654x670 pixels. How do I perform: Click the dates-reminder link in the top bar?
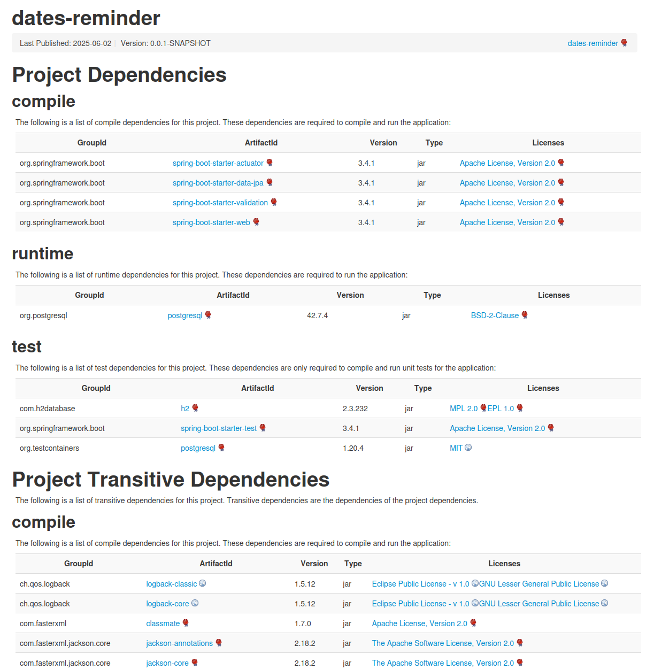[593, 43]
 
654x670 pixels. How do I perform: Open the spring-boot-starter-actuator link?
[218, 163]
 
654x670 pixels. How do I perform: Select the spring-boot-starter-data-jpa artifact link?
[218, 183]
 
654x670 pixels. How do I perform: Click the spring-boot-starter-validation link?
[220, 203]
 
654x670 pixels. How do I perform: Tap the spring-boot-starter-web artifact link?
[211, 222]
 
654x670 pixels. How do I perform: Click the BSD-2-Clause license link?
[495, 315]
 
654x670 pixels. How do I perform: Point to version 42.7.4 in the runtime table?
[317, 315]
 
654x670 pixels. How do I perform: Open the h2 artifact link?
[185, 409]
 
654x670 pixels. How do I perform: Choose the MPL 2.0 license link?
[464, 409]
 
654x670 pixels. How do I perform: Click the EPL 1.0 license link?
[501, 409]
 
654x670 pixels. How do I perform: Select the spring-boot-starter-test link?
[219, 428]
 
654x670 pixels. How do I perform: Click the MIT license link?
[456, 448]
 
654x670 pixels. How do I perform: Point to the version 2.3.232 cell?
[355, 409]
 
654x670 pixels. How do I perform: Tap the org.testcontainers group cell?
[49, 448]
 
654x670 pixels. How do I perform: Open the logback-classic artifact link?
[172, 584]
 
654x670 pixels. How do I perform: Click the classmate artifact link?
[163, 623]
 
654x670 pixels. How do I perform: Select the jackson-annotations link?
[180, 643]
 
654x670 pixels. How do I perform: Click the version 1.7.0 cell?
[303, 623]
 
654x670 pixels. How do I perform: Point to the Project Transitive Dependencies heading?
[171, 480]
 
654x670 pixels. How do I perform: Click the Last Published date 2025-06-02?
[92, 43]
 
